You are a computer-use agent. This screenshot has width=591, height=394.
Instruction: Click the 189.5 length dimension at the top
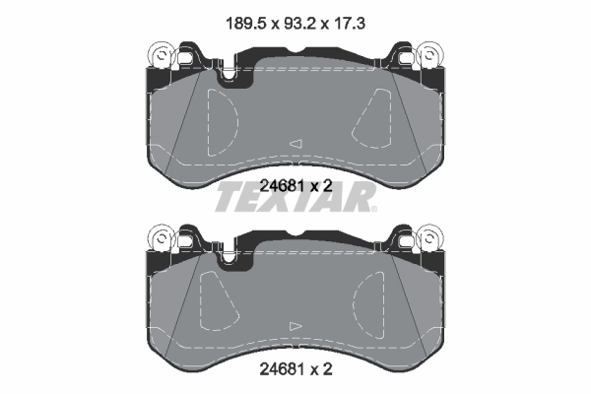[x=245, y=24]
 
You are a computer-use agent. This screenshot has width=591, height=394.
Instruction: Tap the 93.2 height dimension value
[x=299, y=24]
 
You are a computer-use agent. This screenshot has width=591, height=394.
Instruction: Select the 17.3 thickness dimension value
[x=349, y=24]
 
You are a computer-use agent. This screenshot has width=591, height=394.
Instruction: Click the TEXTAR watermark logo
[x=295, y=197]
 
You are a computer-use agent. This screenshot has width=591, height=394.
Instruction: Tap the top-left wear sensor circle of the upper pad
[x=162, y=55]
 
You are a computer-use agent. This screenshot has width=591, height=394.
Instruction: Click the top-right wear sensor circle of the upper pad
[x=429, y=55]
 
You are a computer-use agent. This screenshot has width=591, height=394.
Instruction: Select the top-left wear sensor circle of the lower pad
[x=162, y=238]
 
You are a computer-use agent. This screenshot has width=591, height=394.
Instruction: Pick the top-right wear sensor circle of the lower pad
[x=429, y=238]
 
